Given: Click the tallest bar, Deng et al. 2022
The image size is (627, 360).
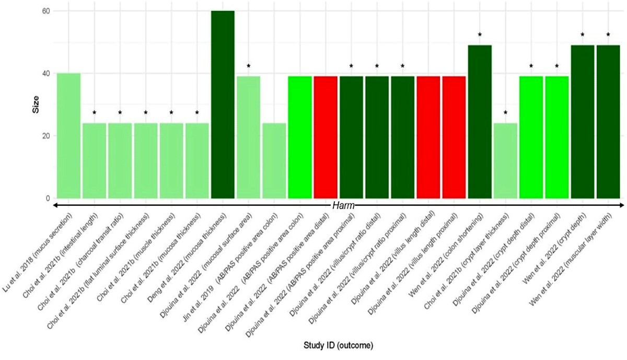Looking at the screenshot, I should coord(223,104).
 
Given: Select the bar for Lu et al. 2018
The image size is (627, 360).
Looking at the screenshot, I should coord(68,136).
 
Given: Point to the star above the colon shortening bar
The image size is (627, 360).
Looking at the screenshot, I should coord(480,35).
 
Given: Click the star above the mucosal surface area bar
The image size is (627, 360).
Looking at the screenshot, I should coord(249,66).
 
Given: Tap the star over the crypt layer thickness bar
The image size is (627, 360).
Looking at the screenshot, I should coord(505,113).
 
